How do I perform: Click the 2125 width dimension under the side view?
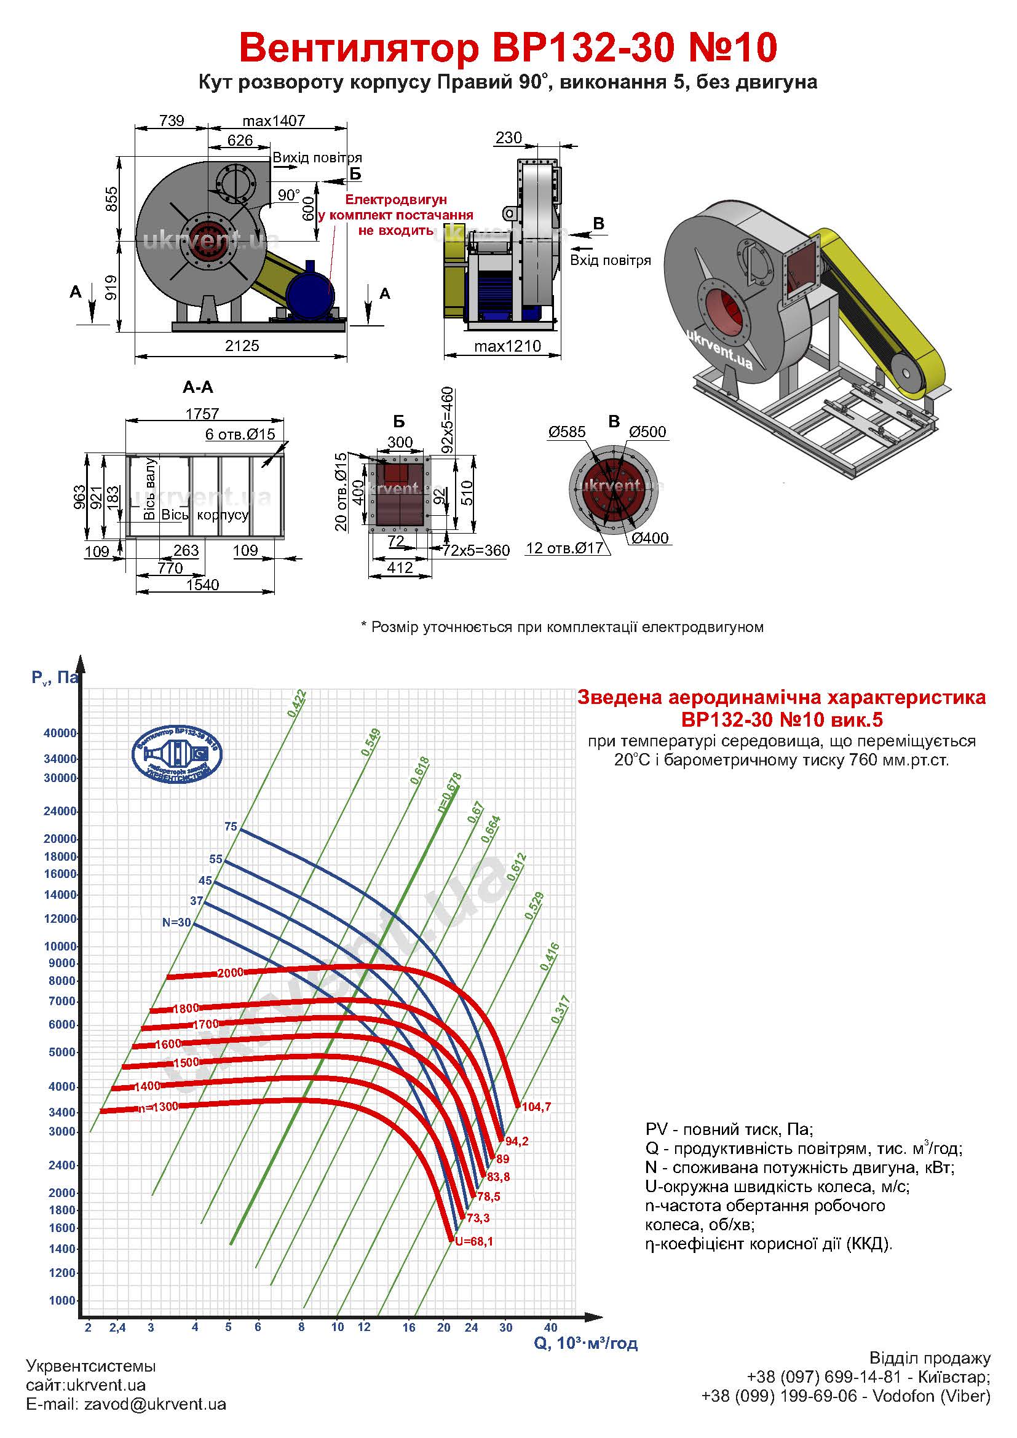(242, 346)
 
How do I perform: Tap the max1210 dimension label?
(507, 346)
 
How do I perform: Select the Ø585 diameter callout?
(567, 432)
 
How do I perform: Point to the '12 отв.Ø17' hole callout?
(564, 548)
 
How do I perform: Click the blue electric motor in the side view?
(310, 291)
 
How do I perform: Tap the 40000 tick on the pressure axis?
(60, 733)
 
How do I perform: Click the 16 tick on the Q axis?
(408, 1327)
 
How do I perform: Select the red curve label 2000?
(230, 973)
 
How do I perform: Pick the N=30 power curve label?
(176, 923)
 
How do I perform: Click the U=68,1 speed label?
(474, 1241)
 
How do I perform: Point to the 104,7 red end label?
(536, 1107)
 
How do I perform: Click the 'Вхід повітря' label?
(610, 260)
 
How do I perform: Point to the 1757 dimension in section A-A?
(202, 414)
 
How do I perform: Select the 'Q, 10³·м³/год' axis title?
(585, 1343)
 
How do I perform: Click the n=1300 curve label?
(159, 1107)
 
